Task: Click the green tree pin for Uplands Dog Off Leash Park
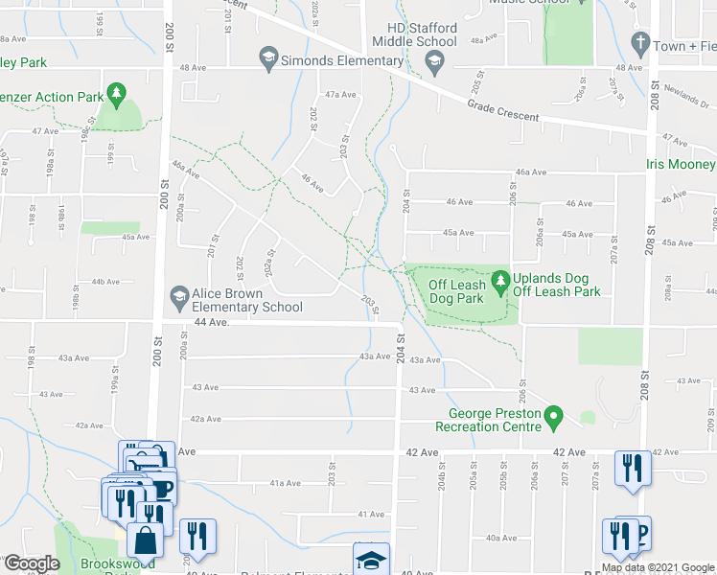[x=499, y=282]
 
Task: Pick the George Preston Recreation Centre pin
[x=552, y=419]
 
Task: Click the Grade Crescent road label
[x=503, y=112]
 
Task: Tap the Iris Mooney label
[x=681, y=165]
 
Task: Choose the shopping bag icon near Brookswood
[x=145, y=542]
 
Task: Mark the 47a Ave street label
[x=340, y=95]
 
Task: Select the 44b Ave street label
[x=104, y=282]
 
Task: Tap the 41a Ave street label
[x=285, y=483]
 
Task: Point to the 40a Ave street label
[x=501, y=538]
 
